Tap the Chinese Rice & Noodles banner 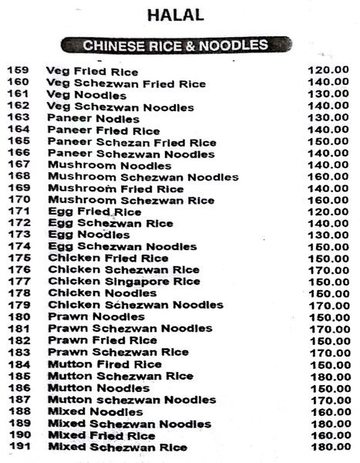(176, 46)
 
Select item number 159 (18, 70)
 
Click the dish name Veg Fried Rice (93, 70)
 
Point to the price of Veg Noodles (328, 94)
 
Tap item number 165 (18, 143)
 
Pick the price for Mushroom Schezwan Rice (328, 201)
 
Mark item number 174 (18, 247)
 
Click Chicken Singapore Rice (123, 282)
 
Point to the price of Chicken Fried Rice (328, 259)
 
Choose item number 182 (18, 340)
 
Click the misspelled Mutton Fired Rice (104, 364)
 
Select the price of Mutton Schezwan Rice (328, 377)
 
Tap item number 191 (18, 447)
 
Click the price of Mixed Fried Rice (328, 435)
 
